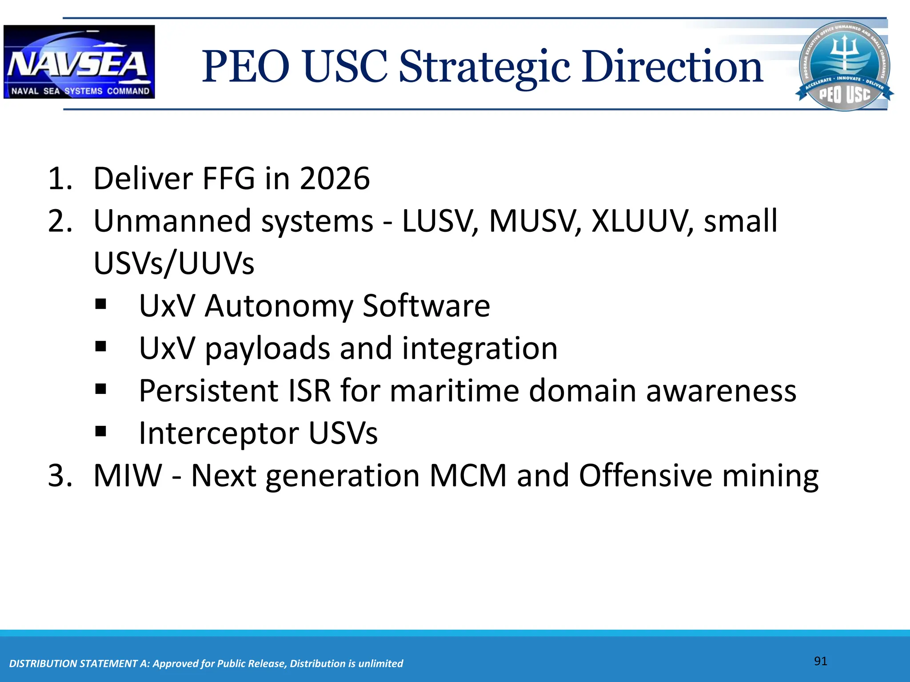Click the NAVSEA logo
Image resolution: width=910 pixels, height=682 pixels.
(79, 62)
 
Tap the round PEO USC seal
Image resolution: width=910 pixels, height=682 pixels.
(844, 66)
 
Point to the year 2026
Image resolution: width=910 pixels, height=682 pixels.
(335, 178)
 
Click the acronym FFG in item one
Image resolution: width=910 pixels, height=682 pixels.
(229, 178)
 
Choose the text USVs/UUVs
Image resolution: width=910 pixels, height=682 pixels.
(174, 263)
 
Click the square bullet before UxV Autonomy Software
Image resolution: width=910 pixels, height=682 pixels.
(101, 305)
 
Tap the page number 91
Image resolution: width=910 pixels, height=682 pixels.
(820, 661)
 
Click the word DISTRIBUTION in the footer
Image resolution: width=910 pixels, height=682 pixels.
(42, 664)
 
